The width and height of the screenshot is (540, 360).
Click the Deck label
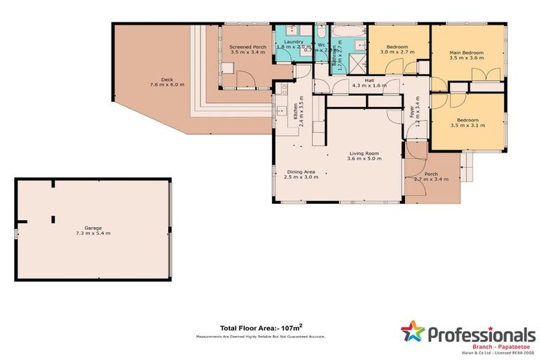pos(167,79)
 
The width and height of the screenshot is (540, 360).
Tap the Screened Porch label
pos(247,47)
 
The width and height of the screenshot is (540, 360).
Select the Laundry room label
pos(293,41)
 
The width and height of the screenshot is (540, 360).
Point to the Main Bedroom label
pos(467,53)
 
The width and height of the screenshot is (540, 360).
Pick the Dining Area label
pos(300,171)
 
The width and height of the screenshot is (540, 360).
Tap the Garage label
pos(93,227)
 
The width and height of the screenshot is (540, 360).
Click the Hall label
pos(368,80)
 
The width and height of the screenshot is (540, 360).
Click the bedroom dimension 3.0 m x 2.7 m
pos(397,52)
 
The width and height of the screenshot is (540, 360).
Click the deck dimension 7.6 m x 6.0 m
pos(167,84)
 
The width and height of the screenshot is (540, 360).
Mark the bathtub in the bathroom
pos(347,32)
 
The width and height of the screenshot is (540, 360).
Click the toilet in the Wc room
pos(321,32)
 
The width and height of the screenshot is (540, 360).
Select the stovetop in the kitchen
pos(284,89)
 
